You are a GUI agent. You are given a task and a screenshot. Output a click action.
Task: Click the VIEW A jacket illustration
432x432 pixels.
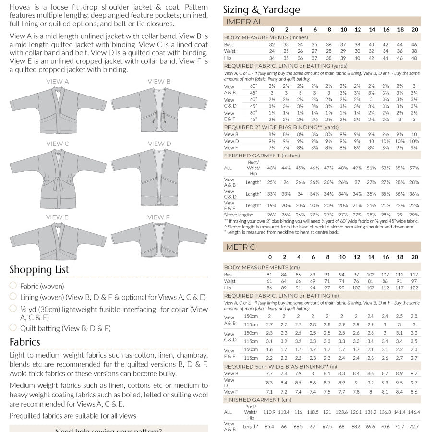tap(58, 110)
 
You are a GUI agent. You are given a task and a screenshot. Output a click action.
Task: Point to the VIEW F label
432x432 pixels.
tap(159, 217)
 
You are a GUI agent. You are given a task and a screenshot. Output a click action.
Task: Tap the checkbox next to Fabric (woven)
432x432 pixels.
tap(13, 286)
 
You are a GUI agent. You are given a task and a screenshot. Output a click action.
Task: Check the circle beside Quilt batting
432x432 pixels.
tap(13, 328)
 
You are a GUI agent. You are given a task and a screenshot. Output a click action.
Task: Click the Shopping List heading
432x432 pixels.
tap(39, 270)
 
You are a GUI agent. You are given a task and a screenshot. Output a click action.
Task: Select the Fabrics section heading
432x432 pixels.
tap(25, 342)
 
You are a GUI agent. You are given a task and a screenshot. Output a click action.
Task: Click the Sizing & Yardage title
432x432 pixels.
tap(262, 10)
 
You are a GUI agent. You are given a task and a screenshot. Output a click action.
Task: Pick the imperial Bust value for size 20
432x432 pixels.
tap(414, 44)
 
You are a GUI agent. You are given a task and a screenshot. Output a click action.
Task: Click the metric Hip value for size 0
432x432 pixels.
tap(269, 288)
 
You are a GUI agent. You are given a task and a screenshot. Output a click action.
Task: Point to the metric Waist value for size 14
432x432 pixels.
tap(371, 281)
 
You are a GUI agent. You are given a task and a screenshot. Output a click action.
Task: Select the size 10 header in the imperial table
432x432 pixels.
tap(343, 30)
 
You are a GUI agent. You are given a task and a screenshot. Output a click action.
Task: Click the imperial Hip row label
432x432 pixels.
tap(228, 58)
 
